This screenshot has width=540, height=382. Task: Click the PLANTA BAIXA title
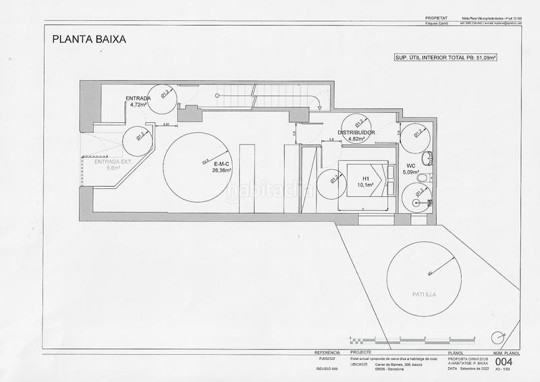89,39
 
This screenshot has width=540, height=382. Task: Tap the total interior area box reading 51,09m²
445,59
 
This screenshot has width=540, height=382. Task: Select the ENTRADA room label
138,99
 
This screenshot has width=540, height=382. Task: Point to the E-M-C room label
222,164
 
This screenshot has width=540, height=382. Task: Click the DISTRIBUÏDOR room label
352,133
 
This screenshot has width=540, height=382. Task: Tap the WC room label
411,165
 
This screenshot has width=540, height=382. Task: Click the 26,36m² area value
221,171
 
